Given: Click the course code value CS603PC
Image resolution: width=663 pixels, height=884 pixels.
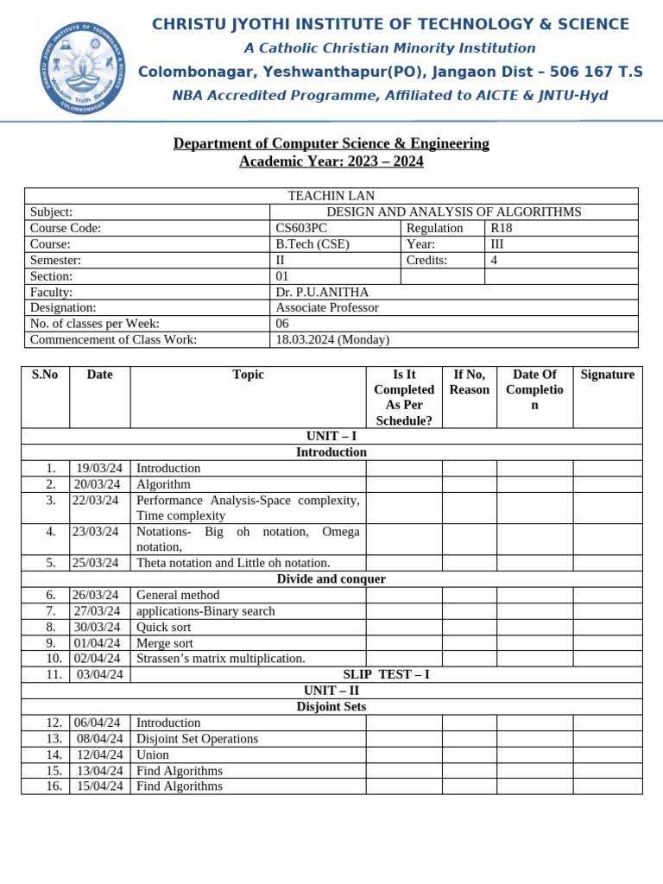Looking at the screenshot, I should coord(301,228).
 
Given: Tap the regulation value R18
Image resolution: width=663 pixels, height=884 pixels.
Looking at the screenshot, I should coord(502,228).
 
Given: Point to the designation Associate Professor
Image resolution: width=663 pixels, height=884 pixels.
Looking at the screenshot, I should coord(326,307).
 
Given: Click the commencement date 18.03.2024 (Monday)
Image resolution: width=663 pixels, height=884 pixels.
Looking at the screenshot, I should coord(332,339).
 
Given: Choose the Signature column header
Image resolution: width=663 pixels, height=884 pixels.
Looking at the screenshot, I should coord(607,375).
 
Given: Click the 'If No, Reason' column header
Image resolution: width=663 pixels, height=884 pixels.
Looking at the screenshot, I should coord(470,382).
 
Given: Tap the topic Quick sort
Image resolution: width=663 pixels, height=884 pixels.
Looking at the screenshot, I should coord(164,627).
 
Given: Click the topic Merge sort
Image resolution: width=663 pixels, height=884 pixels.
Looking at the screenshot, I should coord(165,643).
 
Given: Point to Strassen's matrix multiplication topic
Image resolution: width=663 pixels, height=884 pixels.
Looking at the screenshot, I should coord(221,659).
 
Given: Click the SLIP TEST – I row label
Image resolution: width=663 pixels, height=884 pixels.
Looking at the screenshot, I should coord(386,674).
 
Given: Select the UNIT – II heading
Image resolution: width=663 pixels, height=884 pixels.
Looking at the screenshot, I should coord(331,691).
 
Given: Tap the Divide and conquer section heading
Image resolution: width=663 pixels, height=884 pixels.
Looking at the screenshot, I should coord(331,578).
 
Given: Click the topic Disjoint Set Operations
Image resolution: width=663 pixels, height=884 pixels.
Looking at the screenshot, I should coord(197,738).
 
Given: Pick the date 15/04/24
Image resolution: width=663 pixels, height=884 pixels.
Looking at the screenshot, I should coord(99,786).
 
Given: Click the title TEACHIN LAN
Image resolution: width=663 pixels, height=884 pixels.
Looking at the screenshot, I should coord(331,196).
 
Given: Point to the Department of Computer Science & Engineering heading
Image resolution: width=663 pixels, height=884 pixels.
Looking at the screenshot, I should coord(331,143).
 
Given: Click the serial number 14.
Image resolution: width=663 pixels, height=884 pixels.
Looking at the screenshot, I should coord(54,755).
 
